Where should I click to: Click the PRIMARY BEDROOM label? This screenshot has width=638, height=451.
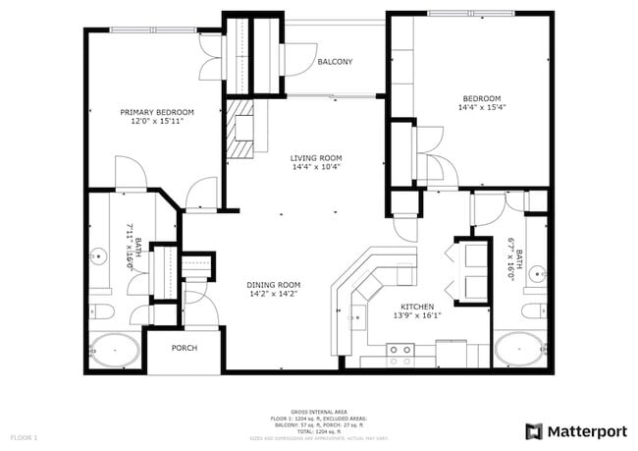pyautogui.click(x=157, y=112)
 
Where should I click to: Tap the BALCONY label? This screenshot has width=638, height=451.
pyautogui.click(x=335, y=62)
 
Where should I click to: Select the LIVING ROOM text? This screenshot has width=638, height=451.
pyautogui.click(x=315, y=158)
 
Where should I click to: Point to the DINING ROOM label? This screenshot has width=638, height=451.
pyautogui.click(x=273, y=284)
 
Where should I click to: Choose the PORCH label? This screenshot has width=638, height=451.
pyautogui.click(x=184, y=348)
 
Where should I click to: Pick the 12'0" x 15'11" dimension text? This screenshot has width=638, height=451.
pyautogui.click(x=157, y=121)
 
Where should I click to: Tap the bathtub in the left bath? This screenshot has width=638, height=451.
pyautogui.click(x=114, y=350)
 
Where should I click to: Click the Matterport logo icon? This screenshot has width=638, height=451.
pyautogui.click(x=534, y=431)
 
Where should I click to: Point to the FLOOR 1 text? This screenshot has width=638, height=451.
pyautogui.click(x=24, y=435)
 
